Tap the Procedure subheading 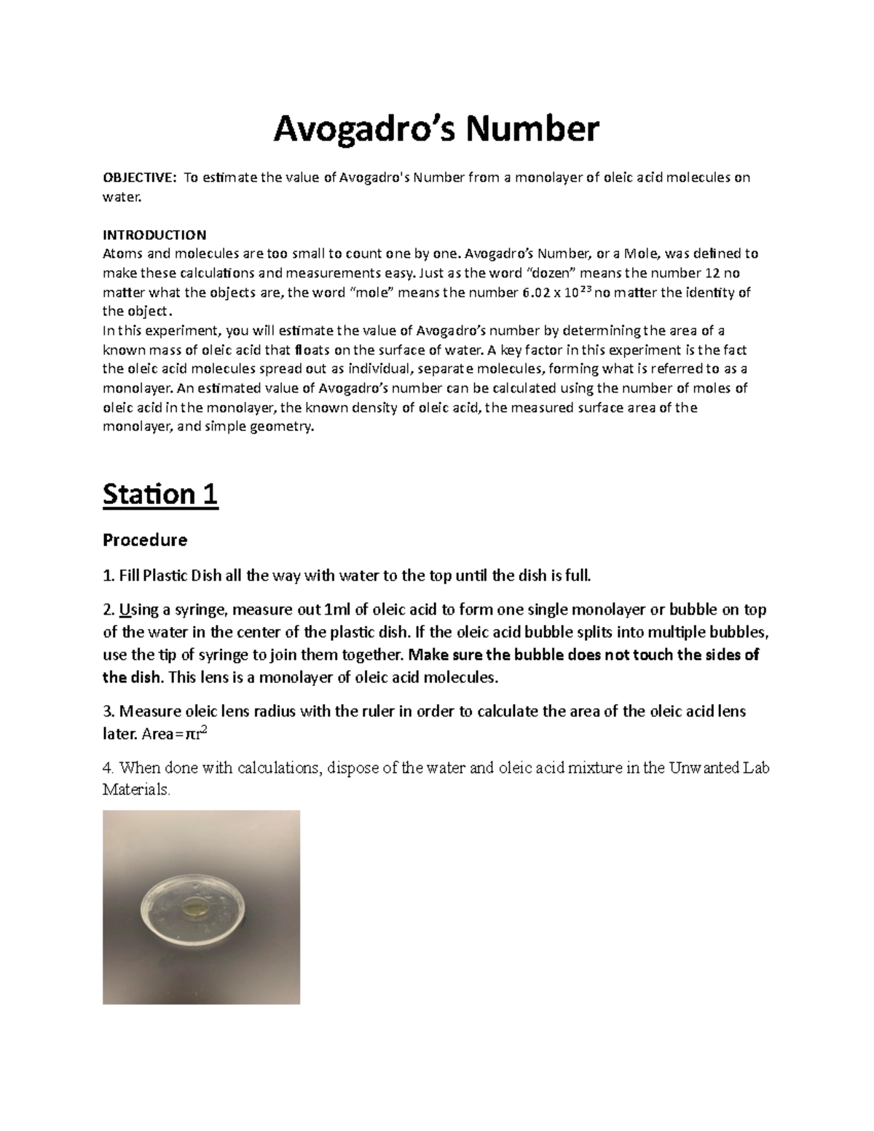(x=145, y=540)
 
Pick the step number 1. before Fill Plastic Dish (x=109, y=576)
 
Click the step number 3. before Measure (x=109, y=711)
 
